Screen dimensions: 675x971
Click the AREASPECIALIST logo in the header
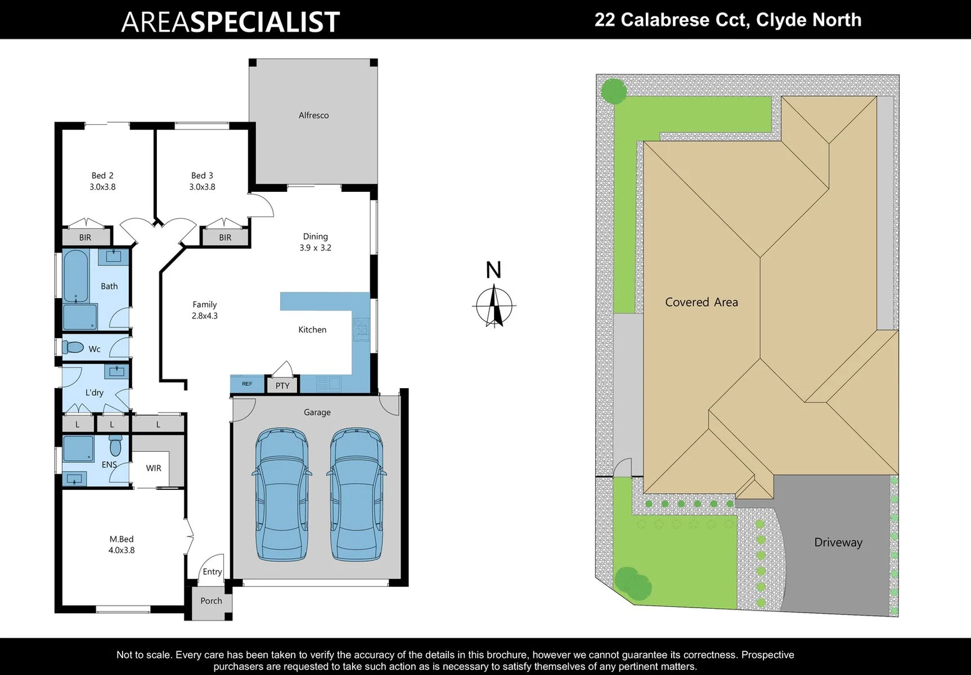[230, 22]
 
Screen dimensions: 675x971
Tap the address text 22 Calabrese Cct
[727, 20]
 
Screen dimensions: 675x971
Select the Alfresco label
[313, 116]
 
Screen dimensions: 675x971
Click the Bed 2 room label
[103, 181]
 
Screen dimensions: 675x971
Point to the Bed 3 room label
[202, 181]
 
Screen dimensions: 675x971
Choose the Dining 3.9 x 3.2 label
[315, 242]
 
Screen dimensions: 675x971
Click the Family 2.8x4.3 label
[204, 310]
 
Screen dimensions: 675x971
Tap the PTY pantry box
[283, 386]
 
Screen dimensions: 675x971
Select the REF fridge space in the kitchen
[247, 384]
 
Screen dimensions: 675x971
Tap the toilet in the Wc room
[73, 347]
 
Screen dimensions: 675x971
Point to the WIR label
[154, 468]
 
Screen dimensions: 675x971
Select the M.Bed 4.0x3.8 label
[121, 544]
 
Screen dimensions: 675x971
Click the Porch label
[211, 601]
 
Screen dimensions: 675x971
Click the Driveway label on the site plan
[838, 542]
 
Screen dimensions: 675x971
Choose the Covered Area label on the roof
[702, 302]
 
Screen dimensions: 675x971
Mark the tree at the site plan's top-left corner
[614, 91]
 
